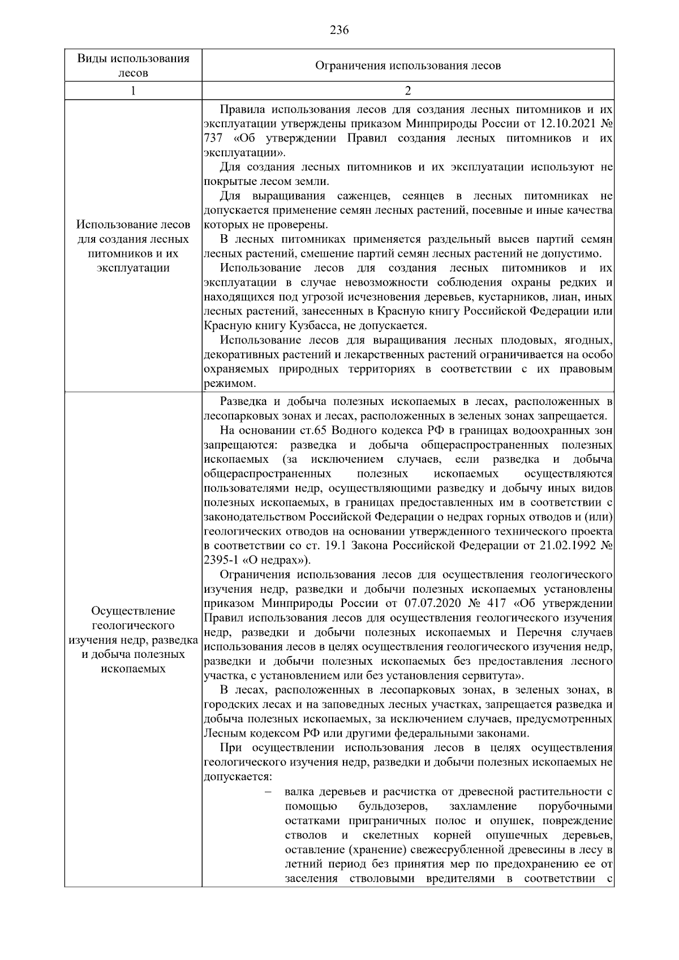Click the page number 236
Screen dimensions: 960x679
pos(339,30)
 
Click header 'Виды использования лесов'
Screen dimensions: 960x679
pos(133,65)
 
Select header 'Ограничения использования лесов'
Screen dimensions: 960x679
pos(407,66)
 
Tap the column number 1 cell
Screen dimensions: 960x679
pos(133,91)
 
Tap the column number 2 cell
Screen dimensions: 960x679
pos(407,91)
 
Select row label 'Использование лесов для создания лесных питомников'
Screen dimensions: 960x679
pos(133,246)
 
